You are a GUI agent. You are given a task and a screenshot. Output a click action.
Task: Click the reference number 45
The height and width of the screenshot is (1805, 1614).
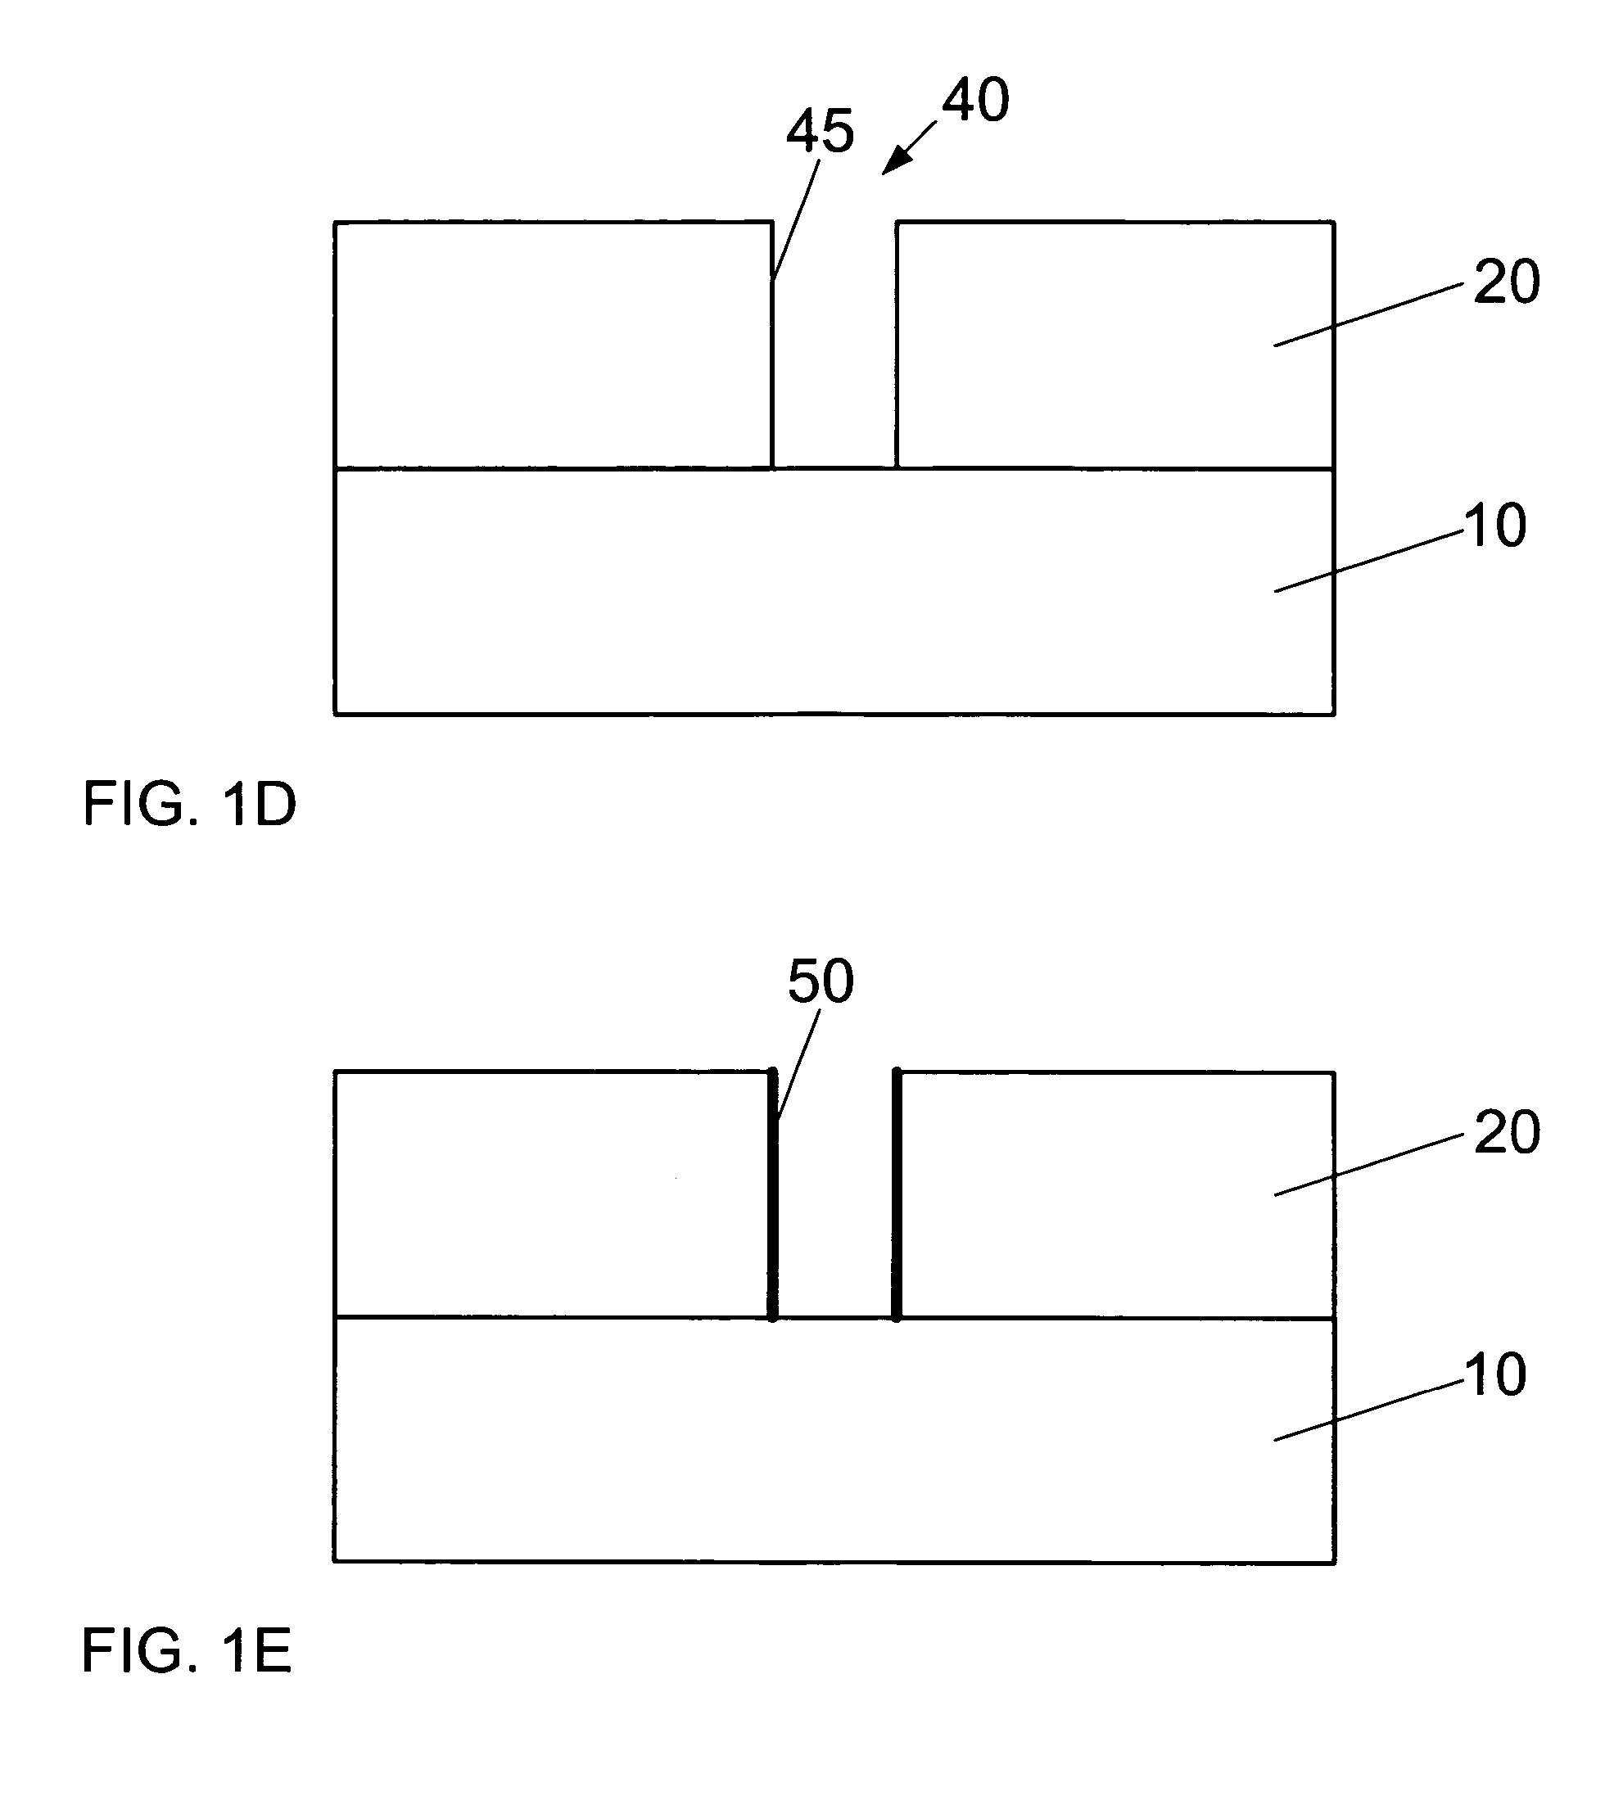pyautogui.click(x=821, y=131)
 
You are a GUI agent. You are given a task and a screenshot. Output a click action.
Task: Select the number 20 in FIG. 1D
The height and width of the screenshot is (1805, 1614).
pyautogui.click(x=1507, y=282)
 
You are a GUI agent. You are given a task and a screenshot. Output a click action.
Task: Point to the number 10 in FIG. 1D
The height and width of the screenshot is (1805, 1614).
pyautogui.click(x=1495, y=526)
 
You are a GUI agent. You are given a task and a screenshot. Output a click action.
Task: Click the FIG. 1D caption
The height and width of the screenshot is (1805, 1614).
pyautogui.click(x=189, y=804)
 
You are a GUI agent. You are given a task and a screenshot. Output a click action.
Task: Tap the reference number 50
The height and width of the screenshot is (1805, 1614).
pyautogui.click(x=821, y=981)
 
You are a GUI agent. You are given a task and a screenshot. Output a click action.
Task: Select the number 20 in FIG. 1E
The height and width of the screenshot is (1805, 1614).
pyautogui.click(x=1507, y=1132)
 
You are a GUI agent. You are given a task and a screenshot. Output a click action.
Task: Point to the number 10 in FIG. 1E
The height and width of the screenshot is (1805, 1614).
pyautogui.click(x=1495, y=1375)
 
